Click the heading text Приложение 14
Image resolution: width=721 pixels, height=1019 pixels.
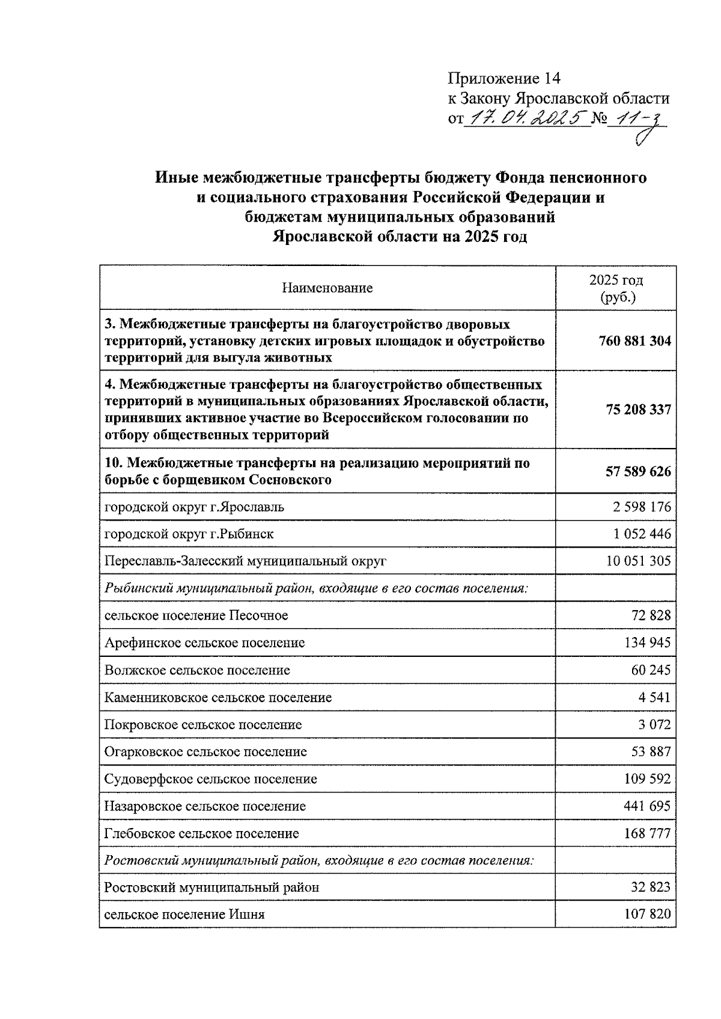(x=503, y=79)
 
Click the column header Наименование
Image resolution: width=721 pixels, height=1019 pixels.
(x=327, y=288)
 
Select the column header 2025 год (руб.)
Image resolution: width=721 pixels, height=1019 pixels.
(x=616, y=288)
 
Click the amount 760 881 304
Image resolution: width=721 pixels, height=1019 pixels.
(x=634, y=341)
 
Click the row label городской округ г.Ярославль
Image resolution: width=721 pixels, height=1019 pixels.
(x=194, y=507)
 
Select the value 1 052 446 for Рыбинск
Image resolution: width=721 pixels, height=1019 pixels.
(x=642, y=534)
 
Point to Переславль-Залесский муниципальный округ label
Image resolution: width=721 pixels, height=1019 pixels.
(x=245, y=561)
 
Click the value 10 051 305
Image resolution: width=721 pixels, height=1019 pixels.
(x=638, y=561)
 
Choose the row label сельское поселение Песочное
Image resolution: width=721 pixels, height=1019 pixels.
(x=196, y=615)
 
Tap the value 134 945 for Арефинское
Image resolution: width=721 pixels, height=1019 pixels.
(x=648, y=643)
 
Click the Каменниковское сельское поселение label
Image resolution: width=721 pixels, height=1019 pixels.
(x=218, y=698)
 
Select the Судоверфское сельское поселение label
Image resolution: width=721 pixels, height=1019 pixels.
(x=210, y=779)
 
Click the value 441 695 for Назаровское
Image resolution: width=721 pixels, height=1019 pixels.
(x=648, y=806)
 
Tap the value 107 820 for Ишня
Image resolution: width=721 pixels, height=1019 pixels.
(x=648, y=915)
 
